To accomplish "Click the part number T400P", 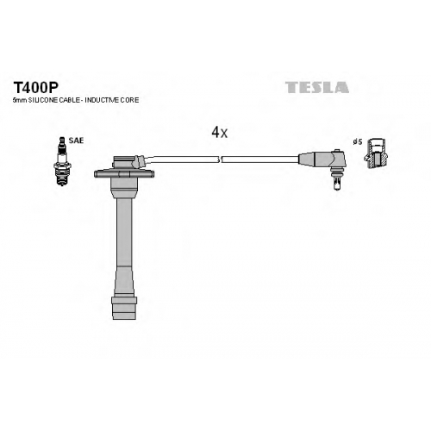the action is coord(36,87).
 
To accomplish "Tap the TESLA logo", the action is coord(317,87).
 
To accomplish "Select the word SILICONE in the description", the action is coord(40,100).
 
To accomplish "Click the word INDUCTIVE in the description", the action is coord(103,100).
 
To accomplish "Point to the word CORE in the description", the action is coord(130,100).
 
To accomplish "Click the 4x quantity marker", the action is coord(220,133).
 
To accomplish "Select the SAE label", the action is coord(76,141).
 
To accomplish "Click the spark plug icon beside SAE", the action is coord(62,161).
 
